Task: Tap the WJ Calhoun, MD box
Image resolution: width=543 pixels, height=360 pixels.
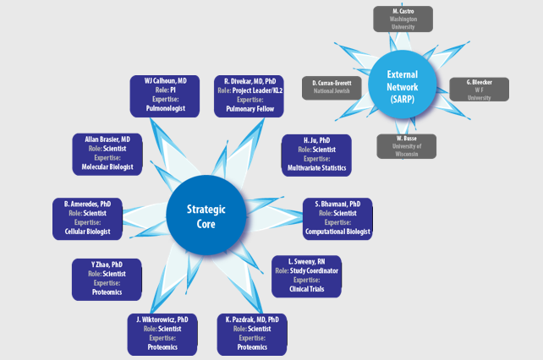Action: [x=165, y=94]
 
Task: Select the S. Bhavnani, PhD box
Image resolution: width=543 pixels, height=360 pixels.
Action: [x=337, y=218]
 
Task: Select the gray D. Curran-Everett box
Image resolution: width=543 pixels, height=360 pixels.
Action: [x=332, y=88]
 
